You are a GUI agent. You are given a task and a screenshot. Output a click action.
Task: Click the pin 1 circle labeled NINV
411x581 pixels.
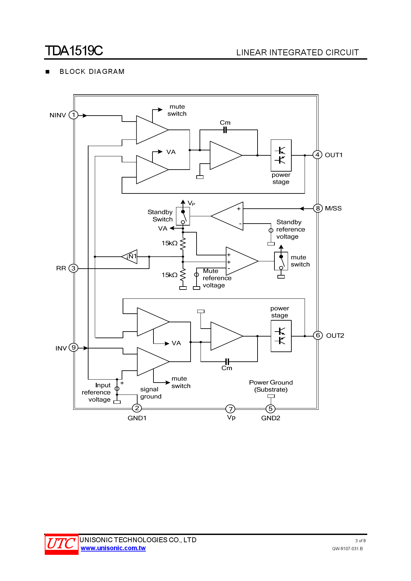pyautogui.click(x=73, y=115)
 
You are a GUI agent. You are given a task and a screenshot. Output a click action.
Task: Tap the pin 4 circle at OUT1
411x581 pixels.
pyautogui.click(x=317, y=155)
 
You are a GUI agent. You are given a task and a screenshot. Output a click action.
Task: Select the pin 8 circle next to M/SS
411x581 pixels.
pyautogui.click(x=318, y=208)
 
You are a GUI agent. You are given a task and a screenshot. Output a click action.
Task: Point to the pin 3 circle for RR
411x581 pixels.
pyautogui.click(x=73, y=268)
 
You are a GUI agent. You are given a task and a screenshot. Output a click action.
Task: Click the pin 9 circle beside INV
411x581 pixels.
pyautogui.click(x=74, y=347)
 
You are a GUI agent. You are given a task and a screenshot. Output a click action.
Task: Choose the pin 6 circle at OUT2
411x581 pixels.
pyautogui.click(x=318, y=335)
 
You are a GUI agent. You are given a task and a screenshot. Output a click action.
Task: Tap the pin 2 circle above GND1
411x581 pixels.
pyautogui.click(x=137, y=408)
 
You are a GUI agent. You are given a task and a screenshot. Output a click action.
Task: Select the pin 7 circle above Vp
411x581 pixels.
pyautogui.click(x=230, y=409)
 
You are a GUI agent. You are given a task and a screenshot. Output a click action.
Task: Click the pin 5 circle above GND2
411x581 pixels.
pyautogui.click(x=270, y=409)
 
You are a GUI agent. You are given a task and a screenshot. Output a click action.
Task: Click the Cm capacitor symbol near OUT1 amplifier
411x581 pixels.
pyautogui.click(x=225, y=130)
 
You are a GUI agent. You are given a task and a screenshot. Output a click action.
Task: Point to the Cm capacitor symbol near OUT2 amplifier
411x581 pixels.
pyautogui.click(x=227, y=361)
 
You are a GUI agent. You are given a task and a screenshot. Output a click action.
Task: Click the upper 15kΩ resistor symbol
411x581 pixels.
pyautogui.click(x=183, y=243)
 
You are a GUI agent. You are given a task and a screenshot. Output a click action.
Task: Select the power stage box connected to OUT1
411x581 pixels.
pyautogui.click(x=281, y=155)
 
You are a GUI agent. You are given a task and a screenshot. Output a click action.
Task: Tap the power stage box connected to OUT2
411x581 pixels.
pyautogui.click(x=281, y=336)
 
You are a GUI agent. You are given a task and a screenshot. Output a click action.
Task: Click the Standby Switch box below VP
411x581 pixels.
pyautogui.click(x=183, y=216)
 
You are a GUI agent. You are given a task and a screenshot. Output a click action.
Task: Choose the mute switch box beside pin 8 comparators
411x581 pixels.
pyautogui.click(x=281, y=261)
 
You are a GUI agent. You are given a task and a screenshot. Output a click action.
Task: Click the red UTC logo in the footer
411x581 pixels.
pyautogui.click(x=61, y=544)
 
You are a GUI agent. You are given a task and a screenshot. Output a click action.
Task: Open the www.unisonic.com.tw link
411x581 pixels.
pyautogui.click(x=113, y=548)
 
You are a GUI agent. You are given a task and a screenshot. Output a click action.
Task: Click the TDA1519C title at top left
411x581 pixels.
pyautogui.click(x=74, y=51)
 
